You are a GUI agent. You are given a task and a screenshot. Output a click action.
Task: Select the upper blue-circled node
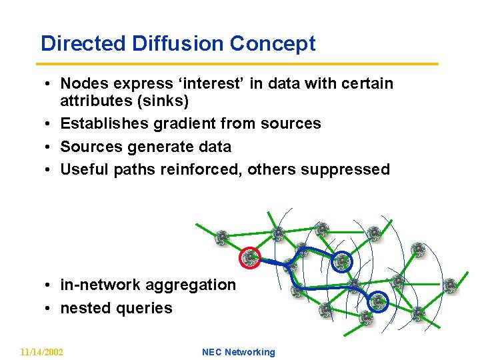point(342,261)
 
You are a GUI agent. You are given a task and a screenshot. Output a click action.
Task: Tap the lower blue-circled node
point(379,303)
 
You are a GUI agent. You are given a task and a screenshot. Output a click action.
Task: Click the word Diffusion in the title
point(179,43)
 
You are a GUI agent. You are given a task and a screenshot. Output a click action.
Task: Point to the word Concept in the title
point(273,43)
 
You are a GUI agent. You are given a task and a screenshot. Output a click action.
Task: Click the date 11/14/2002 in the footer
point(41,352)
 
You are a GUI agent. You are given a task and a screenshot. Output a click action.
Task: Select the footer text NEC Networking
point(238,352)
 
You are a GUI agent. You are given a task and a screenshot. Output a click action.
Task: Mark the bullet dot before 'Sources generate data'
point(50,147)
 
